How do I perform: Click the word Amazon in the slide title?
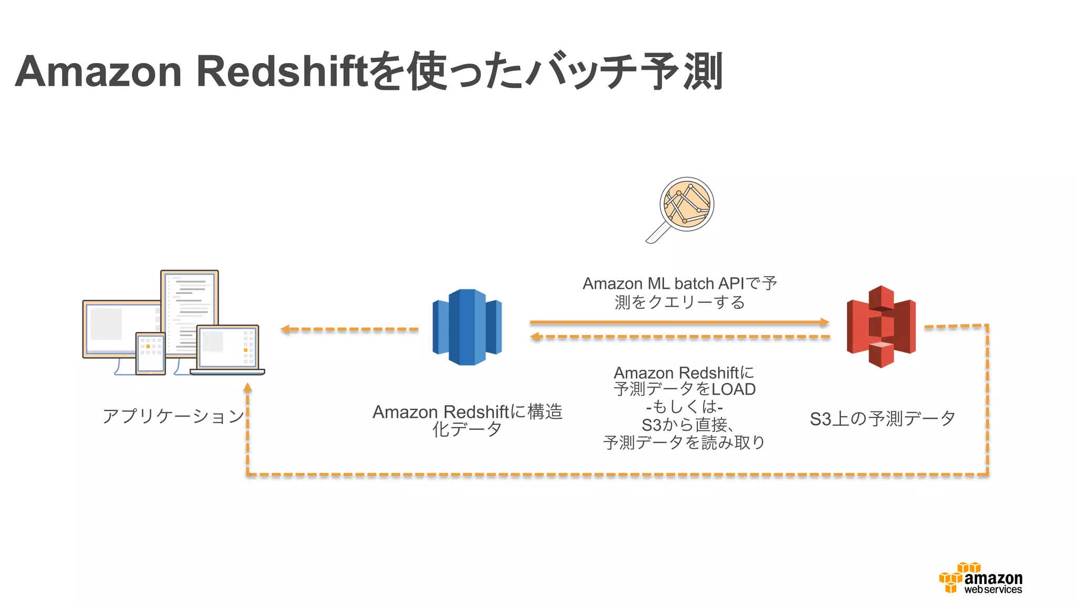[98, 72]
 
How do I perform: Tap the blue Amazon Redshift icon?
[467, 327]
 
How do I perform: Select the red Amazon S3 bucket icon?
[881, 327]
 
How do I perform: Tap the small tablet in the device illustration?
[150, 353]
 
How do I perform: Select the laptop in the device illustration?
[228, 350]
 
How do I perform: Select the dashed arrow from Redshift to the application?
[349, 329]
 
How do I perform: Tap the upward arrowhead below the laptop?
[247, 389]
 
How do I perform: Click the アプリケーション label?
[173, 416]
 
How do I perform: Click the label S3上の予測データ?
[882, 419]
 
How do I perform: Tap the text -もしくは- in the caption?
[685, 406]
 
